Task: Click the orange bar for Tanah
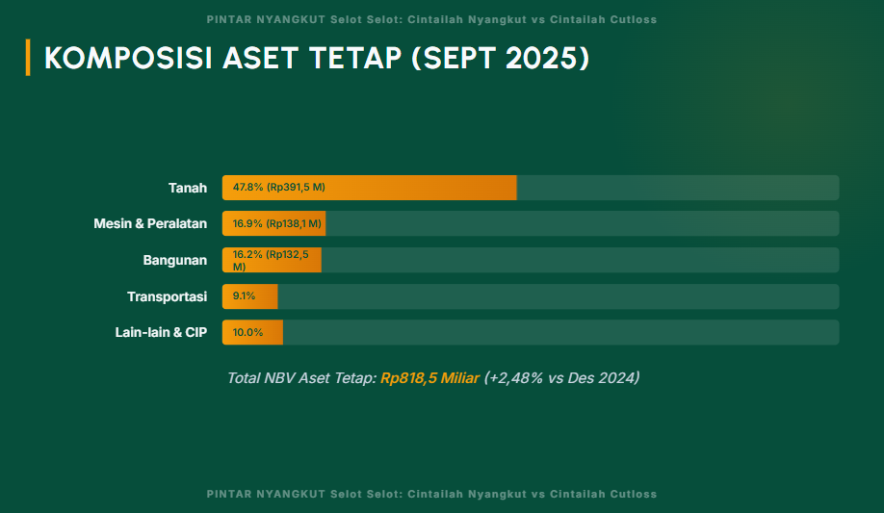click(370, 188)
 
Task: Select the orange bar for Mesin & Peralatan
click(273, 223)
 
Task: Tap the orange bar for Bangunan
click(272, 260)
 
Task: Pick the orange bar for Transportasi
click(250, 296)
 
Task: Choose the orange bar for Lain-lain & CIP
click(252, 332)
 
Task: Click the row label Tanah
click(188, 188)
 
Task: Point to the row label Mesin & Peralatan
click(150, 223)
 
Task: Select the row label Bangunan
click(175, 260)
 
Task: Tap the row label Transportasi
click(168, 296)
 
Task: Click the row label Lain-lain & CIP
click(161, 332)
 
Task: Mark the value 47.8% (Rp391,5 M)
click(279, 188)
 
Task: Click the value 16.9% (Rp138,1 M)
click(276, 223)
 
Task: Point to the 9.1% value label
click(244, 296)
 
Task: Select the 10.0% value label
click(247, 332)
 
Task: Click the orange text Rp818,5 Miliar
click(429, 378)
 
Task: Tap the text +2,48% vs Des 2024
click(561, 378)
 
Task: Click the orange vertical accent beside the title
click(28, 58)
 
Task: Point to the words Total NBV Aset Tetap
click(301, 378)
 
